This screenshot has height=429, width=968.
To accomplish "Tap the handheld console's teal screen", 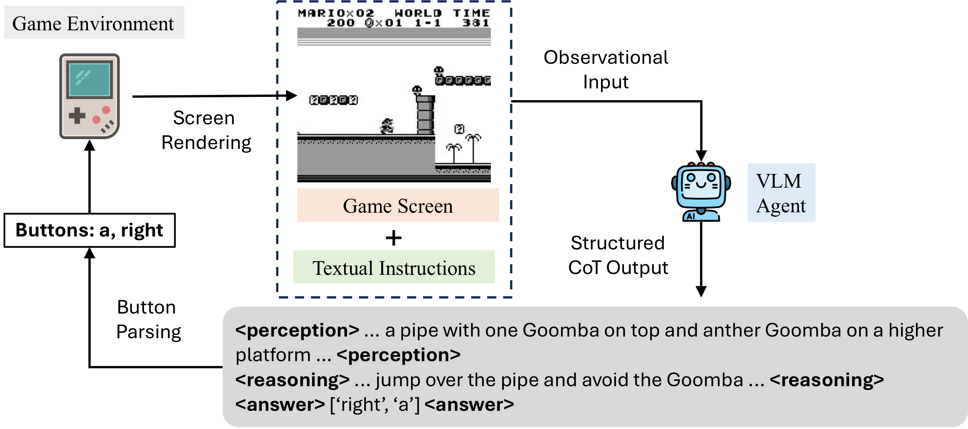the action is (x=90, y=79).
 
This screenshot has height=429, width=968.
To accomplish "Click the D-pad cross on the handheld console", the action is (x=77, y=116).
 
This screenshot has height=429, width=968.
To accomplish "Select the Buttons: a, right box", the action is (x=90, y=230).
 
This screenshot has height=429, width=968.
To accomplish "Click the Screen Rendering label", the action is (x=206, y=130).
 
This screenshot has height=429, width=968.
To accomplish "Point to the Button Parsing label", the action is (x=148, y=319).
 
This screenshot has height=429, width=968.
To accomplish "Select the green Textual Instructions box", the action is (x=394, y=267).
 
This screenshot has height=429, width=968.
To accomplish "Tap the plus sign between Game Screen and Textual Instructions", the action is (x=394, y=238).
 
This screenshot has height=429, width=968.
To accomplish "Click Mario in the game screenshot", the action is (x=387, y=126).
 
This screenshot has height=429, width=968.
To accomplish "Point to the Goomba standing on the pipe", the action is (x=417, y=90).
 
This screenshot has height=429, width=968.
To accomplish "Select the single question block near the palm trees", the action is (x=459, y=129).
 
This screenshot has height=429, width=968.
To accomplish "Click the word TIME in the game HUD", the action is (x=471, y=13).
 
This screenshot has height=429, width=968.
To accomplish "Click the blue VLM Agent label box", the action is (x=781, y=193).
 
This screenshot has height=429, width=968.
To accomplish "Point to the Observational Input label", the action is (x=605, y=69).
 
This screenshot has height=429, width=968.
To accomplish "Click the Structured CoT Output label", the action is (x=618, y=255).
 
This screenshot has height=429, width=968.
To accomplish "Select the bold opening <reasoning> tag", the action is (x=293, y=380).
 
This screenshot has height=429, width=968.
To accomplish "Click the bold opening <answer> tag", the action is (x=280, y=404).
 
